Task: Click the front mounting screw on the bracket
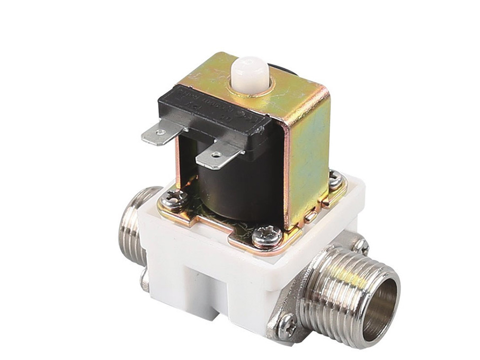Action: click(264, 236)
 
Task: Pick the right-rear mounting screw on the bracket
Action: click(335, 181)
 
